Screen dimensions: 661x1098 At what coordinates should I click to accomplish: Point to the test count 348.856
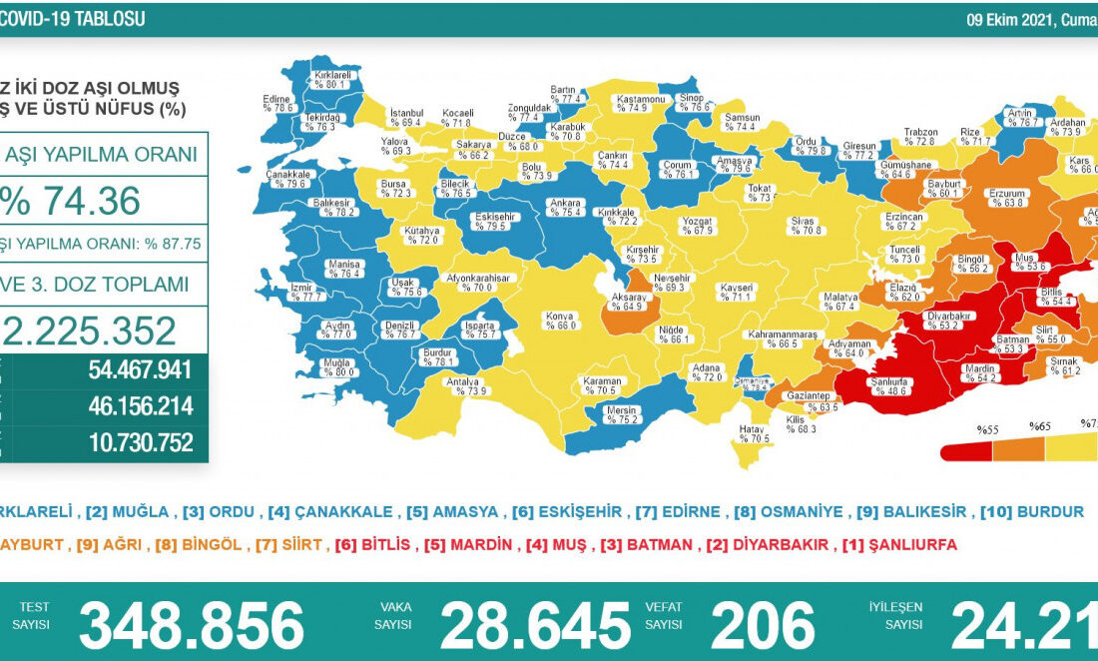click(x=192, y=625)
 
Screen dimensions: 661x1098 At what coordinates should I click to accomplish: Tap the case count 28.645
click(x=535, y=625)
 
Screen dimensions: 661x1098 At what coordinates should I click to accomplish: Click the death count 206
click(x=763, y=625)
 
